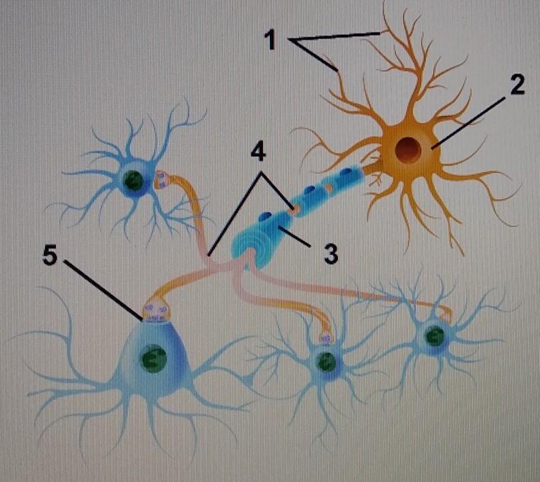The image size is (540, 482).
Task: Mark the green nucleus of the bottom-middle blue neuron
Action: [x=327, y=362]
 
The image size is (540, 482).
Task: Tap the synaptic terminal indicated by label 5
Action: [x=154, y=312]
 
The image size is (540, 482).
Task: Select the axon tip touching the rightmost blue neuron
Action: [x=447, y=314]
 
